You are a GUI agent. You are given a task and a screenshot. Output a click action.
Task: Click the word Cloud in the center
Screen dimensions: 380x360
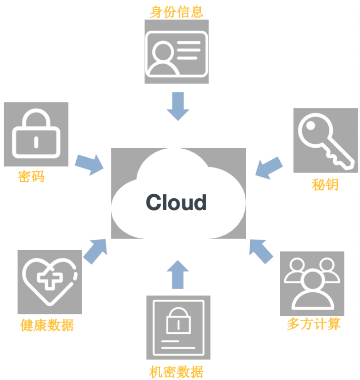click(177, 202)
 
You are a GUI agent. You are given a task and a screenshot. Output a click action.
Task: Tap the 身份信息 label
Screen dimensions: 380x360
click(177, 11)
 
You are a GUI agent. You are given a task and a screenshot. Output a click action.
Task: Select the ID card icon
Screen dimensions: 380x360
click(177, 51)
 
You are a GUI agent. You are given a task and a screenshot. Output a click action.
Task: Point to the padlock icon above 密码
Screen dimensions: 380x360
click(36, 134)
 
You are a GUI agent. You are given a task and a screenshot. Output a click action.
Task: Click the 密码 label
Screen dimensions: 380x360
click(32, 176)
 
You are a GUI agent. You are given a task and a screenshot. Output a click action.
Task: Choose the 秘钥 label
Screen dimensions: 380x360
click(325, 184)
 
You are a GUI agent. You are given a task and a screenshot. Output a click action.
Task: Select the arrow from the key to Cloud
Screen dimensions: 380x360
click(268, 168)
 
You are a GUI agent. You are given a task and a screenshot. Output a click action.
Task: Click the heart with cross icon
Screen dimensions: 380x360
click(50, 282)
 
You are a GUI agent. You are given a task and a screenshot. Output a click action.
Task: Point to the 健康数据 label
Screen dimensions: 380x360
click(47, 325)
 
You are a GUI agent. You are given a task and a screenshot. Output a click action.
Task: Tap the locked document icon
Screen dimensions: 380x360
click(178, 327)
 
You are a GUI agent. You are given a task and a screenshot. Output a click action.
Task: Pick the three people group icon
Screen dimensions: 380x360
click(312, 284)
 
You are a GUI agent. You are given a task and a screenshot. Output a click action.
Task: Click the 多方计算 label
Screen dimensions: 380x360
click(314, 324)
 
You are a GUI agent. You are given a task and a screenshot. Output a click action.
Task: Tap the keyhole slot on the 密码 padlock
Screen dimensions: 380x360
click(36, 141)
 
